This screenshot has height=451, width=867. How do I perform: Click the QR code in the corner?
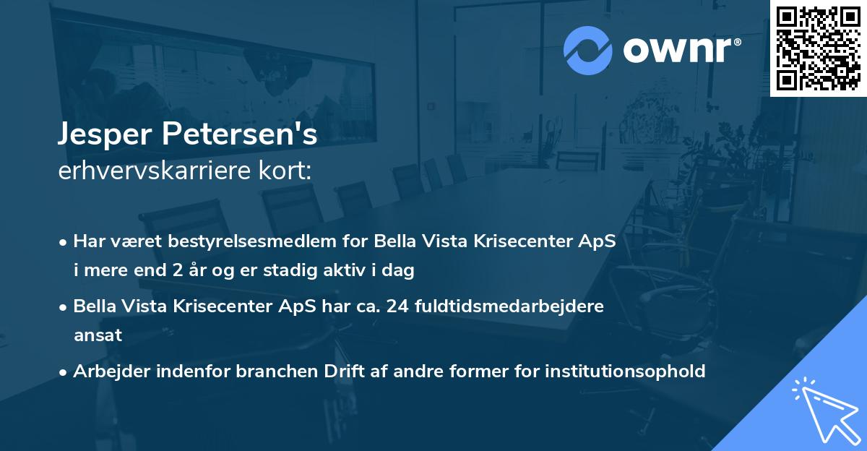pyautogui.click(x=818, y=48)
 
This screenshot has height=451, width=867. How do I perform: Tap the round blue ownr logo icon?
pyautogui.click(x=588, y=50)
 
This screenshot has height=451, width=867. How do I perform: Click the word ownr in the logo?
pyautogui.click(x=679, y=51)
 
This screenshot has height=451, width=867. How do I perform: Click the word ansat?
pyautogui.click(x=98, y=335)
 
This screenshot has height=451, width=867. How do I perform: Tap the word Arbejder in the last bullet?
pyautogui.click(x=108, y=371)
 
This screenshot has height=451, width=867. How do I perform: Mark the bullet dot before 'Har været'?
pyautogui.click(x=64, y=242)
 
